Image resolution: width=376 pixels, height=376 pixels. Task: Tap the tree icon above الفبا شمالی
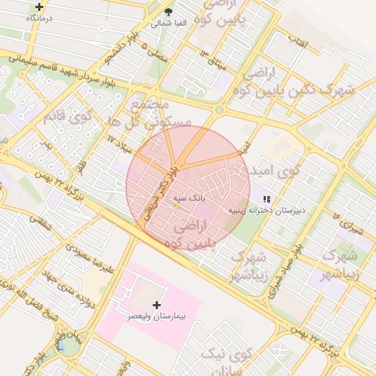(x=170, y=12)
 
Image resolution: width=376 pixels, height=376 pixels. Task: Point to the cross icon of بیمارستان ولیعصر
(x=156, y=304)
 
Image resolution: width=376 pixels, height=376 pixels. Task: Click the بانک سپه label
(x=189, y=198)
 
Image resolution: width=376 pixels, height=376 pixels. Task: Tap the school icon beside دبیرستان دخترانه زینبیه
(x=267, y=199)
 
